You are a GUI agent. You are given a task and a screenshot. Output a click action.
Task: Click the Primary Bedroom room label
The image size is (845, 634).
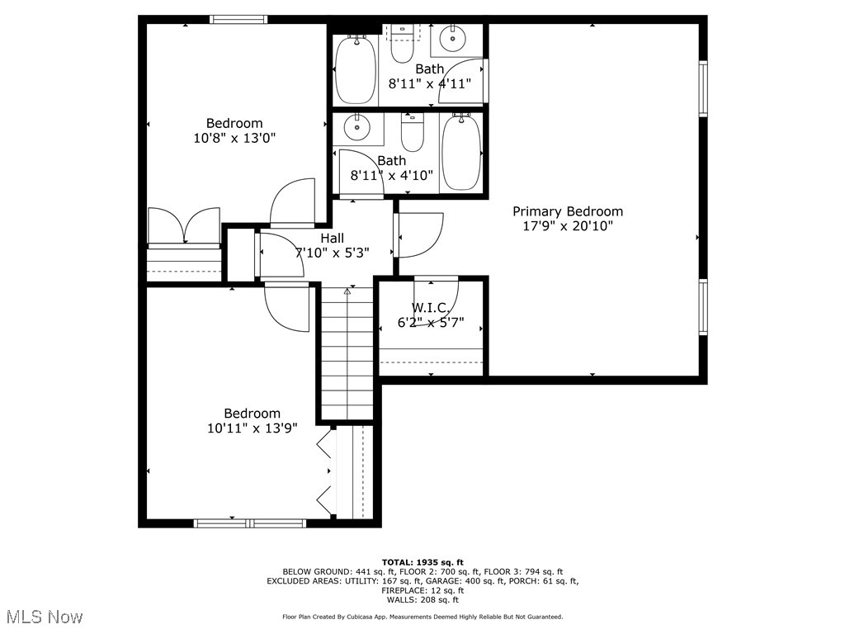[567, 211]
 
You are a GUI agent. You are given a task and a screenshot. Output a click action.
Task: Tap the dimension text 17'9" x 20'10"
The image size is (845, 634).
[567, 225]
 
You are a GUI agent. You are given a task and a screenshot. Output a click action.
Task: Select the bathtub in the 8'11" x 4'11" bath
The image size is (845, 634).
[356, 69]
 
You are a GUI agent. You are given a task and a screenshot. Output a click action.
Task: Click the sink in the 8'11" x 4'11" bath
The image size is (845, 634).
[452, 38]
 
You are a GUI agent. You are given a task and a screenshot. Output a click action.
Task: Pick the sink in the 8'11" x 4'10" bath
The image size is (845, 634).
[357, 128]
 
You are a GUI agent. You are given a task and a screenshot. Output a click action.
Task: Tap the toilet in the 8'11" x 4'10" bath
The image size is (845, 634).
[412, 131]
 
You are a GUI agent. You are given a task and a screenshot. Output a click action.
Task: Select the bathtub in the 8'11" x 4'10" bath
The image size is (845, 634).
[460, 153]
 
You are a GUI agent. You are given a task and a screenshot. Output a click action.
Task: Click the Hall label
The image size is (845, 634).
[332, 238]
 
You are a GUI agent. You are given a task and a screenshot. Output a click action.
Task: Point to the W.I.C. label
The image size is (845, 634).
[429, 308]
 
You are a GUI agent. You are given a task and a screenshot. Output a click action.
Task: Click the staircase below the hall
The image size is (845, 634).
[347, 355]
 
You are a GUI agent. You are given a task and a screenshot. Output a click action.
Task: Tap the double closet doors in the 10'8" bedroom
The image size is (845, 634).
[183, 226]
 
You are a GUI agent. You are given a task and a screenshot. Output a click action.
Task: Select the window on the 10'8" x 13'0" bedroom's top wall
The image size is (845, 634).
[238, 20]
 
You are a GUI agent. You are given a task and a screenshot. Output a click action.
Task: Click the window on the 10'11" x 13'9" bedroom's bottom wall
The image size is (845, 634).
[249, 523]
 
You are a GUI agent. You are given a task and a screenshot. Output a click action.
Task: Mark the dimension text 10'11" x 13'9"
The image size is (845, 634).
[252, 428]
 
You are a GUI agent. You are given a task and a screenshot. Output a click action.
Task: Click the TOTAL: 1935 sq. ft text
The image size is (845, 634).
[422, 562]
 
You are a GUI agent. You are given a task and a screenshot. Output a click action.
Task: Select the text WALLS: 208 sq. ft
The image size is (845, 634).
[422, 600]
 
